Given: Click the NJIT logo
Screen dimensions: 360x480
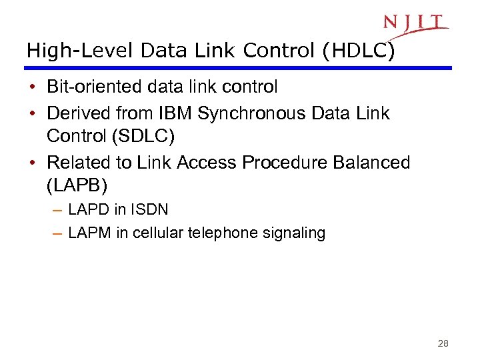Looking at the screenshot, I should click(414, 24).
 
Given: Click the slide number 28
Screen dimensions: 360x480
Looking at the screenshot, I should click(443, 344).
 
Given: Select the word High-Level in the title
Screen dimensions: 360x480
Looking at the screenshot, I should click(63, 51).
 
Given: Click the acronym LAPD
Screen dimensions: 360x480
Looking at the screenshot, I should click(89, 209).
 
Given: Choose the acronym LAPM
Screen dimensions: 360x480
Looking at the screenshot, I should click(91, 233).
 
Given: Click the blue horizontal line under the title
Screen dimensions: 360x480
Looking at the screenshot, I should click(239, 68).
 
